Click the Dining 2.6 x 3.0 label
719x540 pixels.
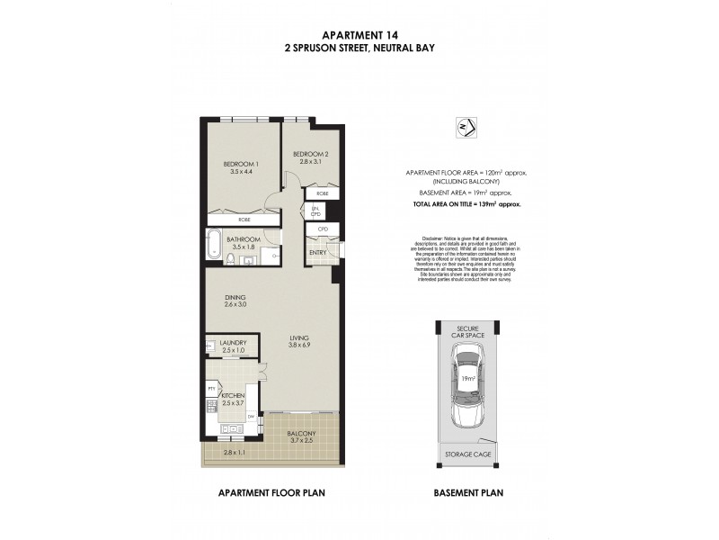point(235,301)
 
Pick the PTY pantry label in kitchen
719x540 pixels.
point(210,389)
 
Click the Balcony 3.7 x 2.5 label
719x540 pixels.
point(301,437)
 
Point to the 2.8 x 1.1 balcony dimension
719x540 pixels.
point(235,454)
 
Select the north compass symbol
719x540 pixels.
point(466,126)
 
